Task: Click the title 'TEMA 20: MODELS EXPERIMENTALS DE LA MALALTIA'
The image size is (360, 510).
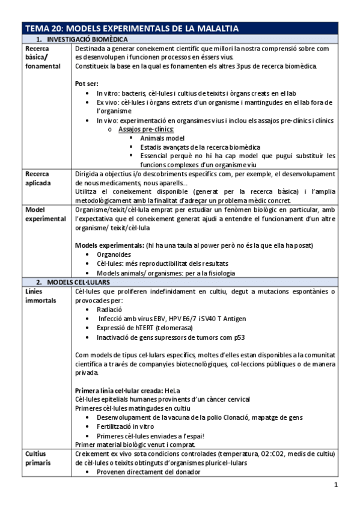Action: pos(132,28)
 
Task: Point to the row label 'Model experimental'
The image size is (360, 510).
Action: pos(45,215)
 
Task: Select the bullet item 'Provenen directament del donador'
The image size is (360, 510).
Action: pos(148,472)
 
